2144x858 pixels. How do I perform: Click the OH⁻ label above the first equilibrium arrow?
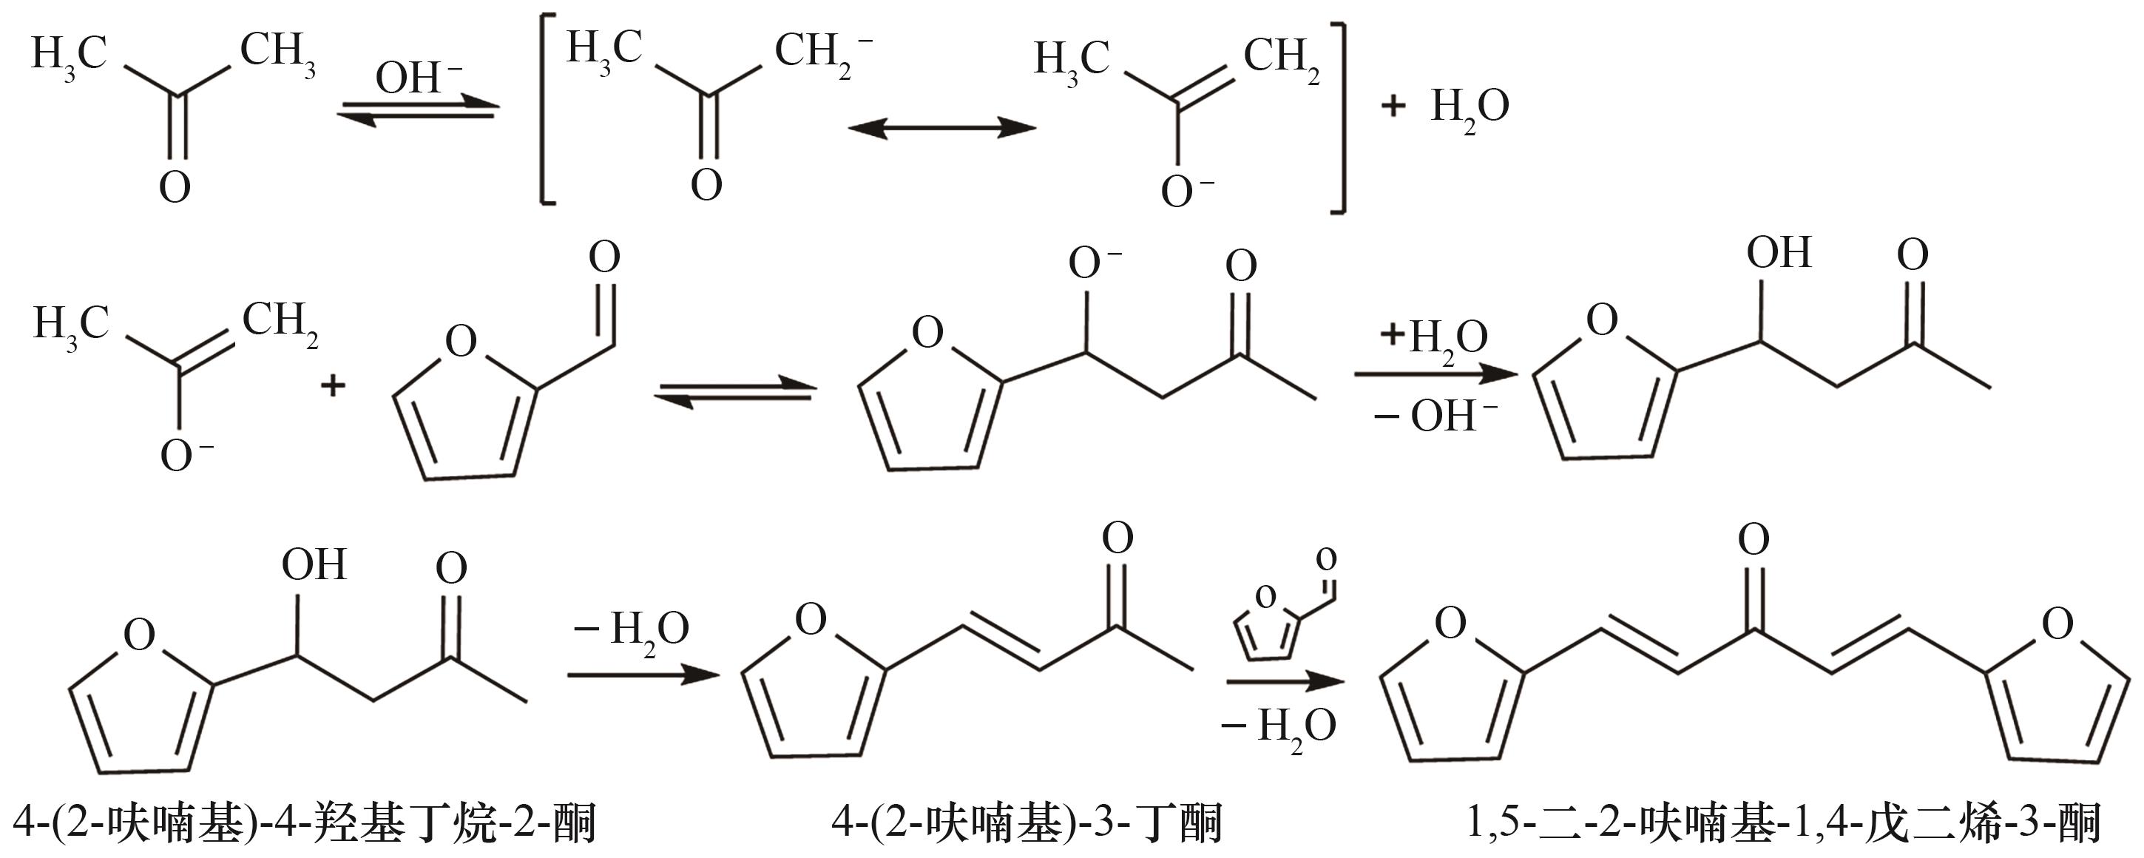click(x=419, y=78)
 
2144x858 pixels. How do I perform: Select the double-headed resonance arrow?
click(x=941, y=128)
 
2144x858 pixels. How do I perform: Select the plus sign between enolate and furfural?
click(x=333, y=385)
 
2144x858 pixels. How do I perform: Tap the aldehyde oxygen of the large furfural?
click(x=604, y=257)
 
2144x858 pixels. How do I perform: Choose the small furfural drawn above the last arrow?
click(x=1285, y=604)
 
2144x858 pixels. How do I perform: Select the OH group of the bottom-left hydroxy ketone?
click(x=314, y=564)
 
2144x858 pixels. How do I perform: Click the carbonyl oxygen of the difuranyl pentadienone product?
click(x=1754, y=540)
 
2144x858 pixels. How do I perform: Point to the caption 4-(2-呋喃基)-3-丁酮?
click(x=1027, y=823)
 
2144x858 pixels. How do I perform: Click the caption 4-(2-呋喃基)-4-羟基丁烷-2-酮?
click(x=305, y=823)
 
